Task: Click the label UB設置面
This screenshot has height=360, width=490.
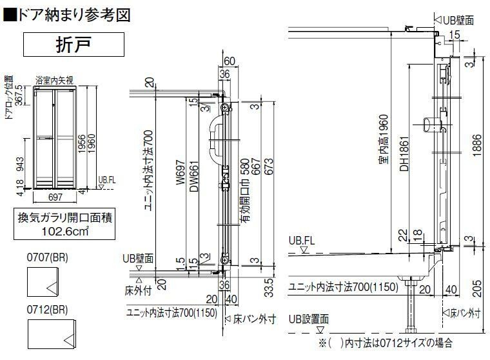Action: tap(309, 319)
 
